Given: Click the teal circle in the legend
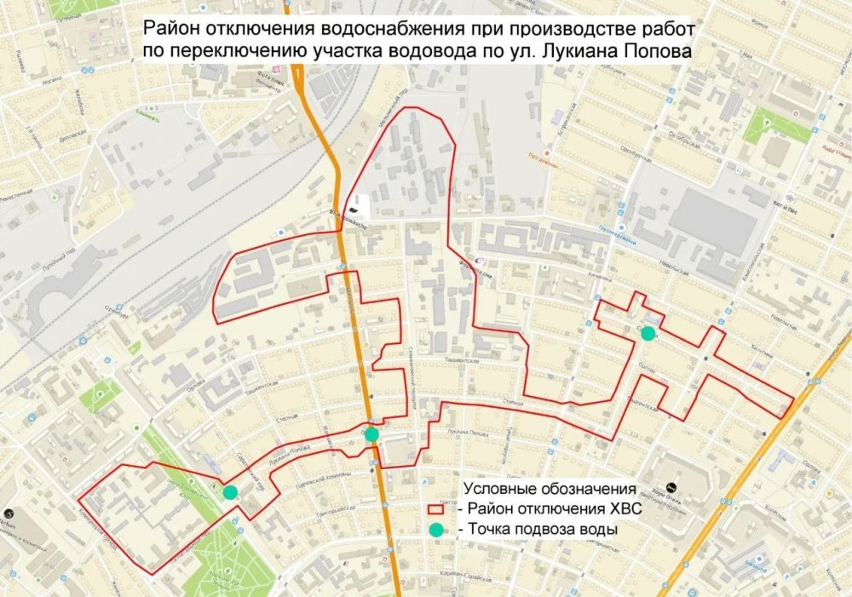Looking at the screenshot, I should (x=437, y=530).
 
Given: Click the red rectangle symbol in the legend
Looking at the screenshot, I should (x=437, y=508).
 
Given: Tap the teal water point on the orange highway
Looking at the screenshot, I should (x=371, y=433).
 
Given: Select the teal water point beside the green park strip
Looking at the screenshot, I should (x=229, y=491).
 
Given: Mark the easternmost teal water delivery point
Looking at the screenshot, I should (x=648, y=333).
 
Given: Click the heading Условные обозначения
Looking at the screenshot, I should (x=550, y=489).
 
